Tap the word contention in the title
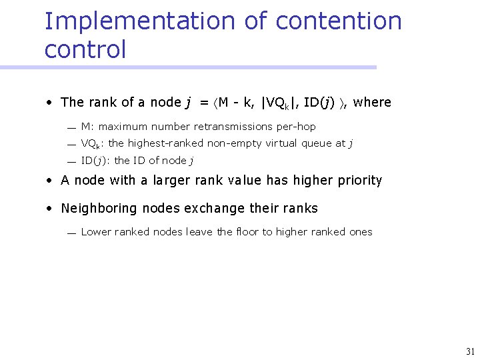(338, 21)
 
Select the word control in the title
(85, 49)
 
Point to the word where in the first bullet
(372, 102)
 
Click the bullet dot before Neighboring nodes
(50, 209)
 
